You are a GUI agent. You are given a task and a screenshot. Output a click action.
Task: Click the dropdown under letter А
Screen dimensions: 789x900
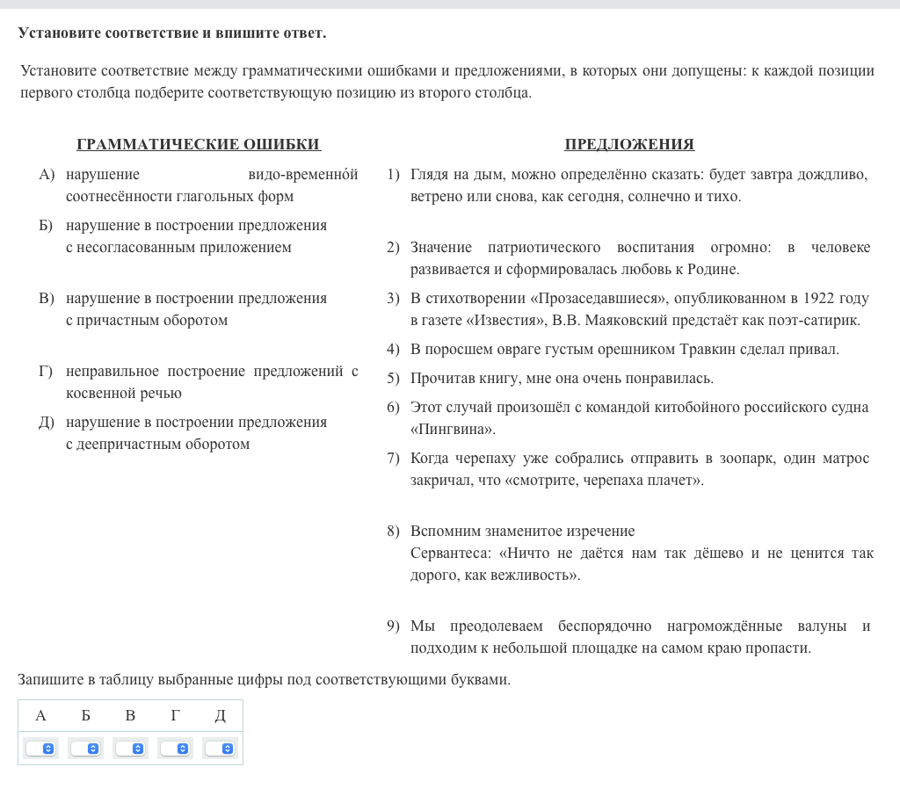click(40, 749)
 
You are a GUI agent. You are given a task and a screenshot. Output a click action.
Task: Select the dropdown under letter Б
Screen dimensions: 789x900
click(85, 749)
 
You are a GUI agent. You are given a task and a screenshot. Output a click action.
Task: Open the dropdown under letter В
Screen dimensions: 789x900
click(130, 749)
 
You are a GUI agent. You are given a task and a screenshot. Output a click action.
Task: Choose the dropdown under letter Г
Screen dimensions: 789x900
click(175, 749)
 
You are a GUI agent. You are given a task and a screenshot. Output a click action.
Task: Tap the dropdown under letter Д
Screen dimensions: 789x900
click(220, 749)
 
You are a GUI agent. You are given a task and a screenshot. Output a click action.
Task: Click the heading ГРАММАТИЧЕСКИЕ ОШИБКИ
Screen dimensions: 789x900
click(199, 145)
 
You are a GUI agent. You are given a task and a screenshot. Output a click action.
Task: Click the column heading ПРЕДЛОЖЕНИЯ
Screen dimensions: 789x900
click(629, 145)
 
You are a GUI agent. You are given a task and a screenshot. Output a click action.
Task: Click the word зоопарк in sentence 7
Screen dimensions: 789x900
click(740, 459)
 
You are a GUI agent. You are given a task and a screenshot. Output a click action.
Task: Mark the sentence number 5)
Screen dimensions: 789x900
click(393, 379)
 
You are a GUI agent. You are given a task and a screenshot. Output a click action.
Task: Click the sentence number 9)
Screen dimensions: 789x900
click(393, 626)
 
